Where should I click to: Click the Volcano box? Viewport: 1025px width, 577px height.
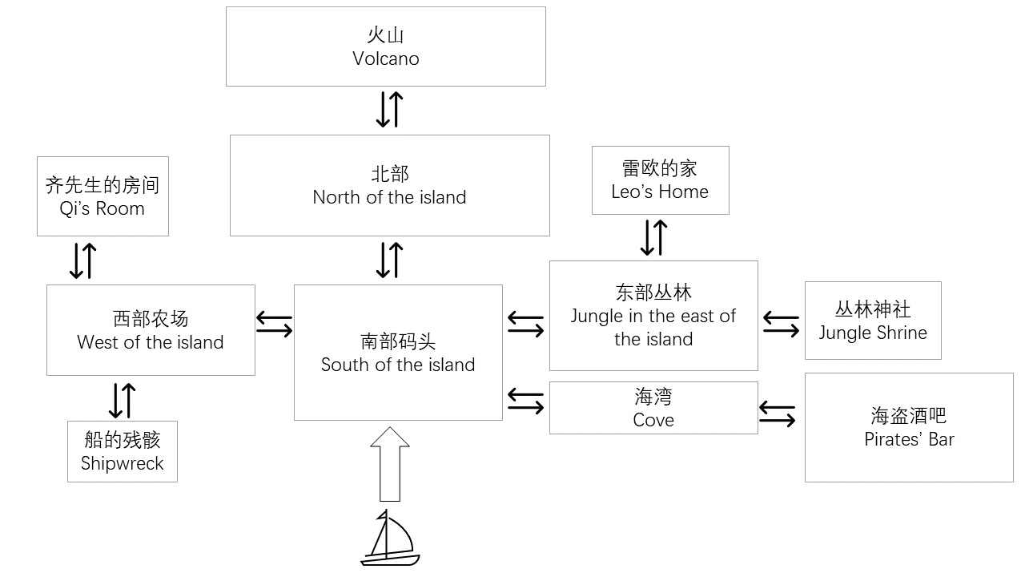pyautogui.click(x=385, y=46)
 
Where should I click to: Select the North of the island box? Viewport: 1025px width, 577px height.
pyautogui.click(x=389, y=185)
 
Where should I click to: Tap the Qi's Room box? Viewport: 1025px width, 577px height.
pyautogui.click(x=102, y=196)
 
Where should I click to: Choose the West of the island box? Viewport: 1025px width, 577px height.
pyautogui.click(x=151, y=330)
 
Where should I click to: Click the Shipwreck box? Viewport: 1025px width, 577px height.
pyautogui.click(x=123, y=451)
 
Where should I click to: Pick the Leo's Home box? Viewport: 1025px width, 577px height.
pyautogui.click(x=660, y=180)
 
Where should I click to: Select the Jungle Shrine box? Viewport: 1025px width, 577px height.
pyautogui.click(x=873, y=321)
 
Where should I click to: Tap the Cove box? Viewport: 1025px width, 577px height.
pyautogui.click(x=653, y=408)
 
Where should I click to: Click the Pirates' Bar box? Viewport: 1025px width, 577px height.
pyautogui.click(x=909, y=427)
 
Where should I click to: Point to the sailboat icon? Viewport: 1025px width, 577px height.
pyautogui.click(x=390, y=538)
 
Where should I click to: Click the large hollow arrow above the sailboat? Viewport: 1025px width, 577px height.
pyautogui.click(x=390, y=464)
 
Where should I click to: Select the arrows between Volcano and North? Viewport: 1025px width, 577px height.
pyautogui.click(x=389, y=110)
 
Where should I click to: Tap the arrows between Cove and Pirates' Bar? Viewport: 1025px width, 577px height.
pyautogui.click(x=777, y=414)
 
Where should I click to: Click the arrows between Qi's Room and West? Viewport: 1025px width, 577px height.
pyautogui.click(x=82, y=260)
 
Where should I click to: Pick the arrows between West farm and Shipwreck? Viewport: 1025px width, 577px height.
pyautogui.click(x=122, y=400)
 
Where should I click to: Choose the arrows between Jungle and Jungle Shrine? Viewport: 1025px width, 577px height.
pyautogui.click(x=781, y=323)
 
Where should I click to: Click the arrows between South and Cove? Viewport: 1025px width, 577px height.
pyautogui.click(x=526, y=401)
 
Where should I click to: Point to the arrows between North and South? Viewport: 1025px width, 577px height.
pyautogui.click(x=389, y=260)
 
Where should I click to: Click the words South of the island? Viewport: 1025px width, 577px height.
pyautogui.click(x=398, y=365)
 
